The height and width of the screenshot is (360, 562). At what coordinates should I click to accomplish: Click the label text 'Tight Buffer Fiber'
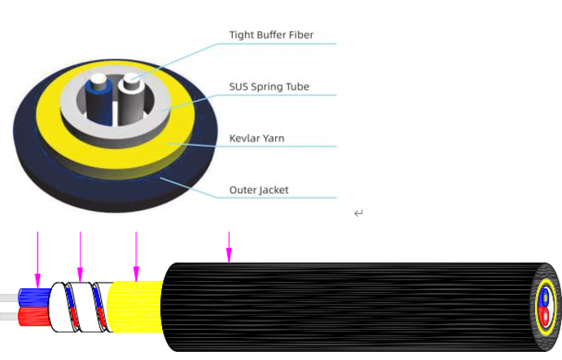271,35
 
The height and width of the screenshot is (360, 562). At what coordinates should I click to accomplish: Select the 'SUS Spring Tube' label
269,86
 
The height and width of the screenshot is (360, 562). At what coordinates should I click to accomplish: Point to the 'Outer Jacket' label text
259,190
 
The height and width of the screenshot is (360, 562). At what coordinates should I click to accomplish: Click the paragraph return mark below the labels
358,213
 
